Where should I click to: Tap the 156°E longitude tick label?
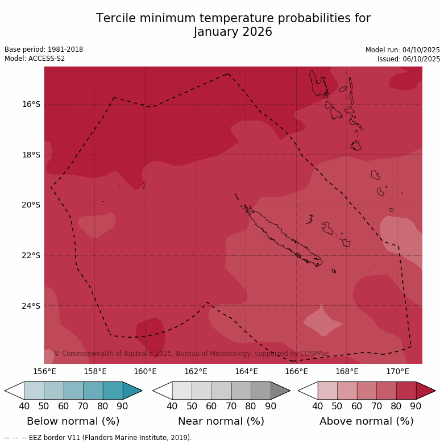(44, 372)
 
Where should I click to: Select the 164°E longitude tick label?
(246, 372)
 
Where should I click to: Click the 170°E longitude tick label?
(397, 372)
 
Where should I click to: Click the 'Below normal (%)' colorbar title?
(73, 421)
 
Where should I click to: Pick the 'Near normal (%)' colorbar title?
(221, 421)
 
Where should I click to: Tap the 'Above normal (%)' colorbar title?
(367, 421)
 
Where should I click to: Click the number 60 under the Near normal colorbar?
(211, 406)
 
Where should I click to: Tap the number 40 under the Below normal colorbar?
(24, 406)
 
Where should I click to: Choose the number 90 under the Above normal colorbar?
(416, 406)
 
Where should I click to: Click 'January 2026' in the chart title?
(233, 32)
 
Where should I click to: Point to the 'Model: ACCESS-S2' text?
(35, 59)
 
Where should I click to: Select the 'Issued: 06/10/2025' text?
(409, 59)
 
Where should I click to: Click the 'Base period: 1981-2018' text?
(44, 49)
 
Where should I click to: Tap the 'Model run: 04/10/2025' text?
(402, 49)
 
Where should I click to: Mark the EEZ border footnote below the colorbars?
(98, 438)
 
